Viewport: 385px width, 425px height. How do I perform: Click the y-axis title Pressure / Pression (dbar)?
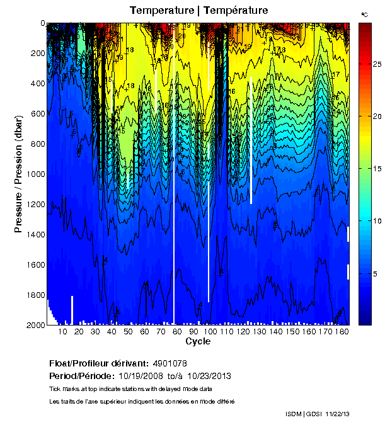[18, 174]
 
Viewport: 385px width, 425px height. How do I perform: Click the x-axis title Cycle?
[198, 341]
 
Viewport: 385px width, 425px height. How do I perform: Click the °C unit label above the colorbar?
[364, 14]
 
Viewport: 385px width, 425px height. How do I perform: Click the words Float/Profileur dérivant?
[98, 364]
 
